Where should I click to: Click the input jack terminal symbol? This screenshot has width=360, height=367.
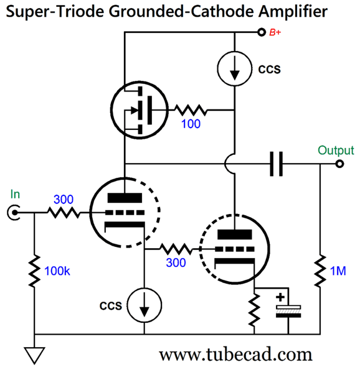coord(12,213)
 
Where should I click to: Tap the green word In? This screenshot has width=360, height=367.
coord(15,195)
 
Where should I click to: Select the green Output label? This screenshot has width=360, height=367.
coord(335,151)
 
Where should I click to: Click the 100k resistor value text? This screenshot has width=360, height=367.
coord(59,271)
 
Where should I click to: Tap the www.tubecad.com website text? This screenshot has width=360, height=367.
coord(235,354)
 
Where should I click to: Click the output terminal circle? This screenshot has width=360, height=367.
coord(339,165)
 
